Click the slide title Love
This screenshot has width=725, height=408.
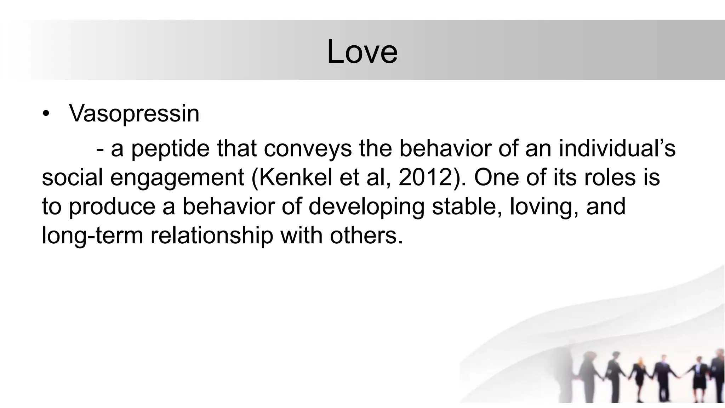point(362,52)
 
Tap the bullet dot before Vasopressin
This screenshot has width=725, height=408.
point(46,114)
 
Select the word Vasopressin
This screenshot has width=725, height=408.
point(134,114)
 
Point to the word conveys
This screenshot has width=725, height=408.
point(308,149)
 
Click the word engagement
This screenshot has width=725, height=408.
point(177,178)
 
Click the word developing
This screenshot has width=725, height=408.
point(366,207)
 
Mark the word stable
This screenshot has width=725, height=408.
point(467,206)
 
